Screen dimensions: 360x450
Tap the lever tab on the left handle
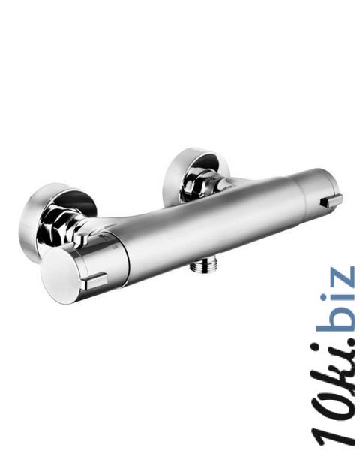(94, 280)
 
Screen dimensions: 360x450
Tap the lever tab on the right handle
(331, 200)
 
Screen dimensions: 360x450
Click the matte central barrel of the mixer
(212, 226)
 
